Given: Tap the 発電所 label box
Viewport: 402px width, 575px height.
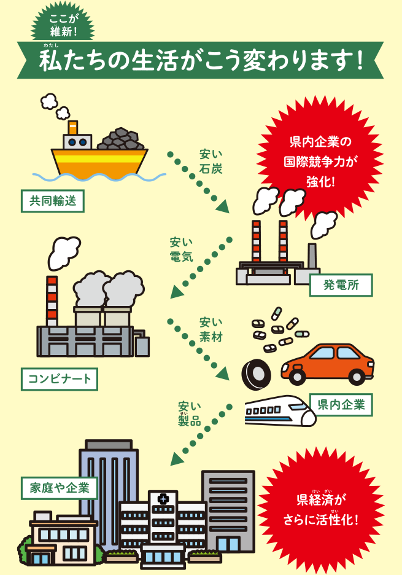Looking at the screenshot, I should (x=341, y=285).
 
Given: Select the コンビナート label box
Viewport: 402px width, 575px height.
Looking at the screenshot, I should (x=59, y=378).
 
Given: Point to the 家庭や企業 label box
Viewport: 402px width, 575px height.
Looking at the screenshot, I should (x=59, y=488).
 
